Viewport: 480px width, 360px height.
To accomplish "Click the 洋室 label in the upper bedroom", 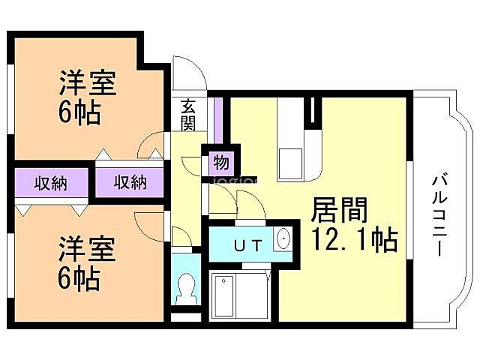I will [88, 83].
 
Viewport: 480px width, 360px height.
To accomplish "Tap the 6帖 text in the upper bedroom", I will [79, 113].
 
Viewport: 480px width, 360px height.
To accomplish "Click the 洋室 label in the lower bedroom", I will [88, 250].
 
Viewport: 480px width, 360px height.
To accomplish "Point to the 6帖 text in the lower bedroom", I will [79, 280].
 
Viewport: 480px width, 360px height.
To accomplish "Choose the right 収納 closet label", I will [130, 181].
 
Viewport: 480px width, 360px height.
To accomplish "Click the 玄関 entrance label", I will [187, 113].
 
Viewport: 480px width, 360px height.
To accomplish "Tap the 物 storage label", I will [220, 162].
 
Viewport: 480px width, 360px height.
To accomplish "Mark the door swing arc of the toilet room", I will [181, 237].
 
